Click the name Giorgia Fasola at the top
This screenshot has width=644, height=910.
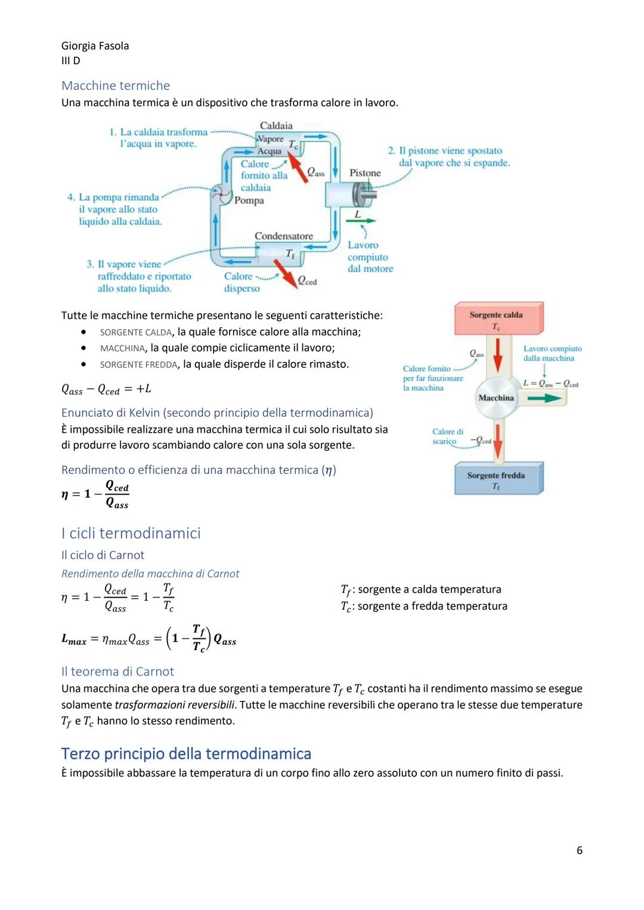[x=95, y=46]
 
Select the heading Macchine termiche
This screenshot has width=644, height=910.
[x=115, y=85]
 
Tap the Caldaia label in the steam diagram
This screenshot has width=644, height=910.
[x=276, y=126]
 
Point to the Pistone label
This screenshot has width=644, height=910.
[x=365, y=173]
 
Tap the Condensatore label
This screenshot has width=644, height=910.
[x=283, y=236]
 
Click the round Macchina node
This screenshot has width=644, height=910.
[x=496, y=398]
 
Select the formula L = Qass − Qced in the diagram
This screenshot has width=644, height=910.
[x=550, y=384]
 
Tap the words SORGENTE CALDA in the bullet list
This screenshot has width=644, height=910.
[x=135, y=332]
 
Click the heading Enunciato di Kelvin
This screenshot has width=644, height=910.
[x=217, y=412]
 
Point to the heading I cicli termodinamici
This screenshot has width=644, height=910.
[x=131, y=533]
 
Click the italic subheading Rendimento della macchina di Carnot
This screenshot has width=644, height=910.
[x=150, y=573]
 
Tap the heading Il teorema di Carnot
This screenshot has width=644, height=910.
[x=117, y=671]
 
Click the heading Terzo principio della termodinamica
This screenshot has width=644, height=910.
[x=186, y=753]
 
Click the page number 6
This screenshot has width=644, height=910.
[x=579, y=850]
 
